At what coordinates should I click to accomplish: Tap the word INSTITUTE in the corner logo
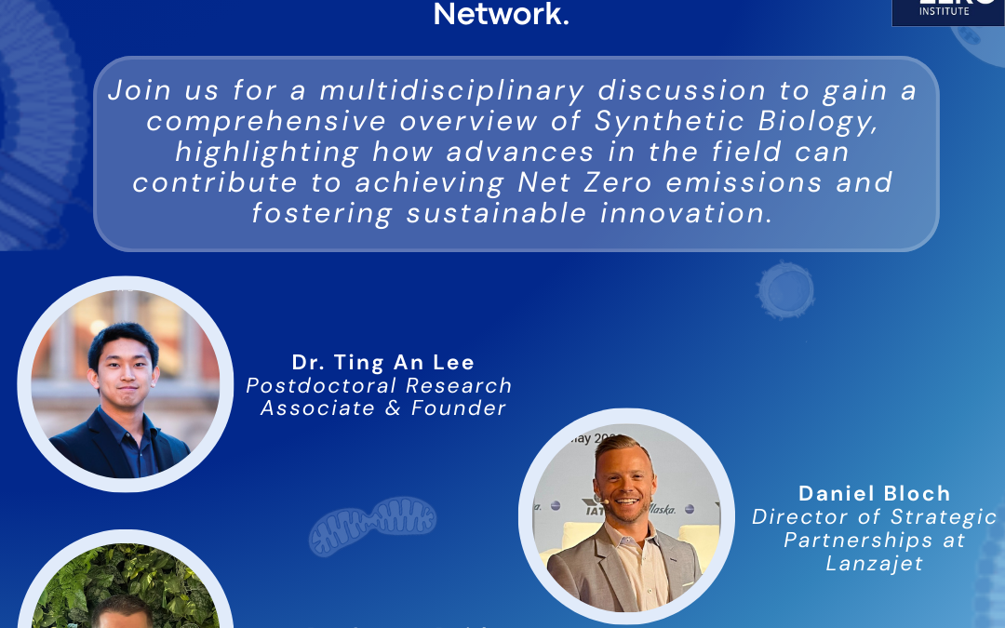tap(944, 11)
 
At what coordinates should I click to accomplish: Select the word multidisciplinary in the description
tap(452, 90)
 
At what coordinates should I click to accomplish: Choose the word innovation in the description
tap(688, 212)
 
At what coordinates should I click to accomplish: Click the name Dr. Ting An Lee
tap(383, 362)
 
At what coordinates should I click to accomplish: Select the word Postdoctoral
tap(314, 385)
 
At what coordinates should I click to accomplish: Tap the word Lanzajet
tap(874, 563)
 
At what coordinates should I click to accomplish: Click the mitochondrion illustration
tap(372, 526)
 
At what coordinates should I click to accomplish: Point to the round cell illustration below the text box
tap(784, 289)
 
